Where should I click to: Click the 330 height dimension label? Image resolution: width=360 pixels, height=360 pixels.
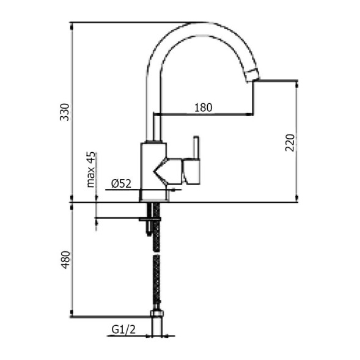click(64, 112)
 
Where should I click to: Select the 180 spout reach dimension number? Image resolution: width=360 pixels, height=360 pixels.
click(203, 108)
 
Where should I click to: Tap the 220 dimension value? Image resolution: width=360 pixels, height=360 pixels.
click(290, 142)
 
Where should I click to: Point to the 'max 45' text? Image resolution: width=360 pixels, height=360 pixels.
click(91, 169)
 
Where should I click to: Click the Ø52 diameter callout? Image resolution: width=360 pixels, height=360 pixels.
click(122, 183)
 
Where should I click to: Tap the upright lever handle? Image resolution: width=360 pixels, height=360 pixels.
click(196, 147)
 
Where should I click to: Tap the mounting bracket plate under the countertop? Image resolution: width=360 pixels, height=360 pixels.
click(150, 218)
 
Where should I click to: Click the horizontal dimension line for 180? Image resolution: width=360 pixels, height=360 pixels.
click(202, 114)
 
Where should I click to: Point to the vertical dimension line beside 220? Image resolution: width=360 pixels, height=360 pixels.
click(297, 142)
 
